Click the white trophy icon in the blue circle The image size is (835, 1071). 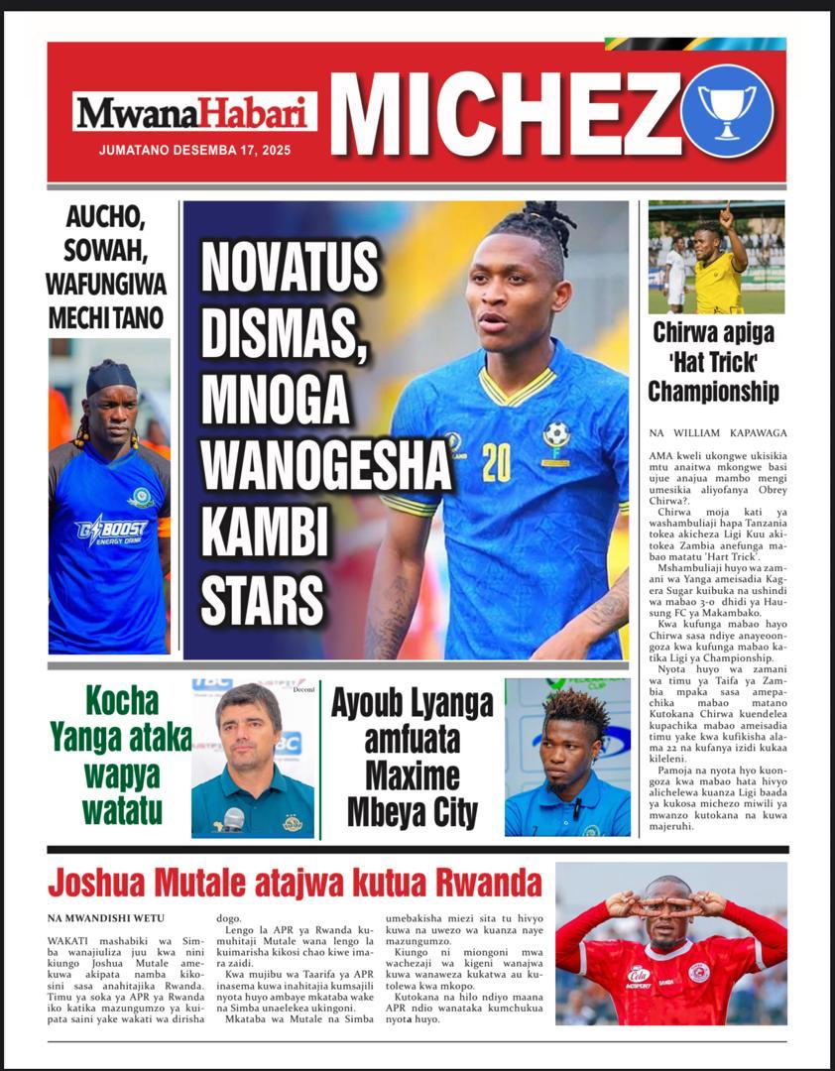click(727, 110)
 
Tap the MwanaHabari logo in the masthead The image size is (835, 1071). click(193, 112)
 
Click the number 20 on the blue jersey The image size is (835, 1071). click(496, 462)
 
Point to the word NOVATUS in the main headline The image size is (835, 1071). click(290, 268)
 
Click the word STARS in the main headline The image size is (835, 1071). click(263, 600)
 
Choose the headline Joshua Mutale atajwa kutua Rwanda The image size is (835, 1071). click(296, 882)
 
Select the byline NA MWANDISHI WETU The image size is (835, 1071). click(106, 918)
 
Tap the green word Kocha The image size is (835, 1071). click(122, 701)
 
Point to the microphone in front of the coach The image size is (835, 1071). click(234, 818)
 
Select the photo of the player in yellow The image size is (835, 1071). click(716, 257)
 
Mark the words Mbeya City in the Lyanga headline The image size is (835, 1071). click(412, 811)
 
